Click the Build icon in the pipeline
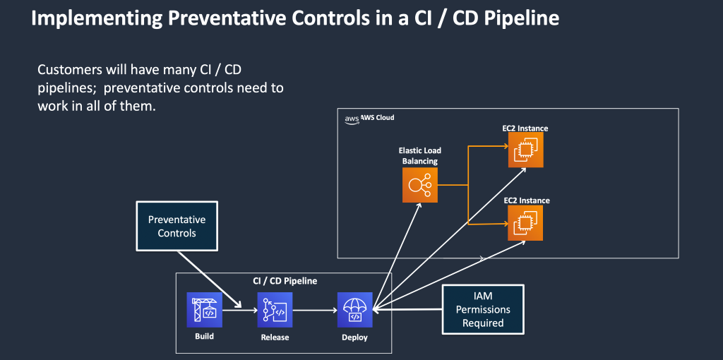(x=204, y=310)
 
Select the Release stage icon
(x=275, y=310)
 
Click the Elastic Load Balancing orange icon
(x=420, y=186)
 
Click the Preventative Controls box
(x=177, y=226)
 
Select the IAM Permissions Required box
(x=483, y=309)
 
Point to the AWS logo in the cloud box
(x=352, y=119)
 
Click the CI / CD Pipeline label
(x=285, y=281)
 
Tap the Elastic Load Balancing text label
(x=420, y=156)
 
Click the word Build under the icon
(x=204, y=336)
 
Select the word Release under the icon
(x=275, y=337)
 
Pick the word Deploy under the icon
(x=354, y=337)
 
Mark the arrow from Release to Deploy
(x=315, y=310)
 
